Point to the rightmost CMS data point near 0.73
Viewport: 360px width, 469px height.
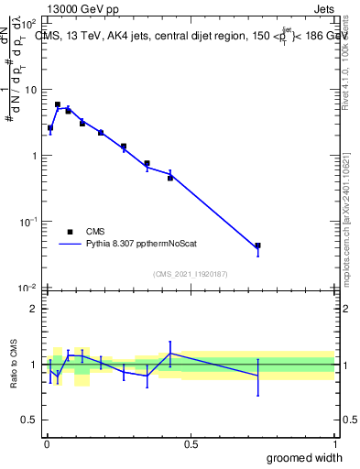(258, 245)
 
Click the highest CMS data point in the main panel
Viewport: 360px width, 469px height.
(58, 104)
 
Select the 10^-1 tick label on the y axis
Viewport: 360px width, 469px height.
(28, 222)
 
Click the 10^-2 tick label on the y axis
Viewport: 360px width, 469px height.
(28, 288)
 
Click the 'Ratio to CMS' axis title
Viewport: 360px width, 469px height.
(14, 364)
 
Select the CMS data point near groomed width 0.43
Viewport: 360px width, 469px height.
(170, 178)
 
